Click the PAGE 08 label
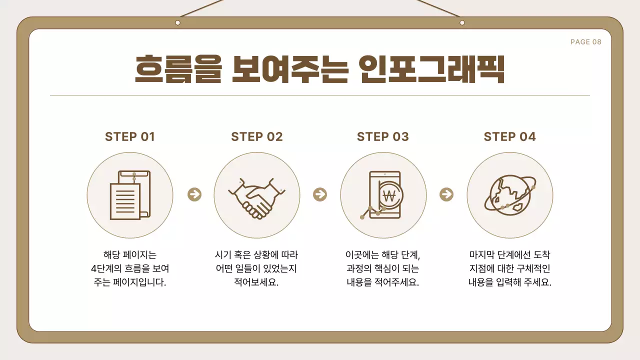coord(585,42)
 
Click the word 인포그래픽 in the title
coord(431,70)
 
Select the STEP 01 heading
coord(130,137)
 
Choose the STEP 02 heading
coord(257,137)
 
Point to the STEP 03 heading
coord(383,137)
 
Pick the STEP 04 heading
coord(509,137)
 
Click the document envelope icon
coord(129,195)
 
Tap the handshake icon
coord(256,197)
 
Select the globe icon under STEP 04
coord(509,194)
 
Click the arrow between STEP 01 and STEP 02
coord(194,194)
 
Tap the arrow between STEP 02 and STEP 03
coord(319,194)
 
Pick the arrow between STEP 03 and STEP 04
coord(446,194)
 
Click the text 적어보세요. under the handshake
coord(256,282)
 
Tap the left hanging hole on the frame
coord(177,22)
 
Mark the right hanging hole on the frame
coord(462,22)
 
